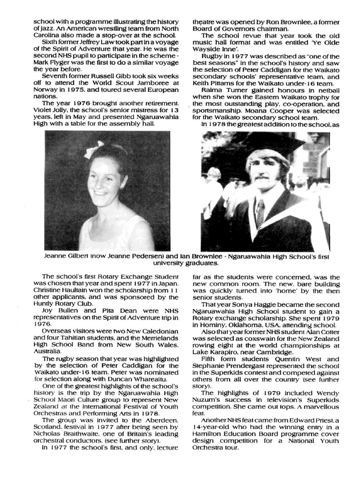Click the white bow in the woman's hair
[94, 149]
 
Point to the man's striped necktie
[260, 213]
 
